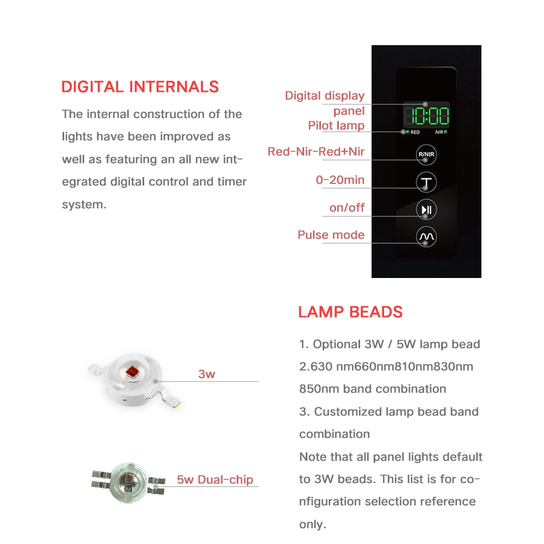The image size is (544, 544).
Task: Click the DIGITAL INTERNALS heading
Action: (x=140, y=87)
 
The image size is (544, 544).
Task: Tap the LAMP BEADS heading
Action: (x=350, y=312)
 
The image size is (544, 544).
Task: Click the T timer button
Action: (x=426, y=182)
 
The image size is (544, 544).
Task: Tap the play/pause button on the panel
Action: (x=426, y=210)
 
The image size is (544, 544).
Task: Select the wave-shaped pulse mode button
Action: (x=426, y=237)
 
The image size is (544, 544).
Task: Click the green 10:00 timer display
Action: (x=426, y=116)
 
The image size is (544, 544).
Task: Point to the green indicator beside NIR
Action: (x=446, y=132)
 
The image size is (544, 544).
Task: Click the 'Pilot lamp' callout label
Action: (x=336, y=126)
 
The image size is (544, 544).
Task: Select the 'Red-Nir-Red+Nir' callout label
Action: (x=316, y=152)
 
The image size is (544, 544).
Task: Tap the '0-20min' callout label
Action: (x=340, y=180)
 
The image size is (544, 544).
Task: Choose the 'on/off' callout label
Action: (x=347, y=208)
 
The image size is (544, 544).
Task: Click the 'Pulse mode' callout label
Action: (x=331, y=235)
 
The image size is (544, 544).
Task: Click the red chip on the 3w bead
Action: (x=131, y=372)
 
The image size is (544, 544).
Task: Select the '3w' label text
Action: (x=207, y=374)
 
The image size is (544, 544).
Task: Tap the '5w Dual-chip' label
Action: (x=215, y=480)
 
